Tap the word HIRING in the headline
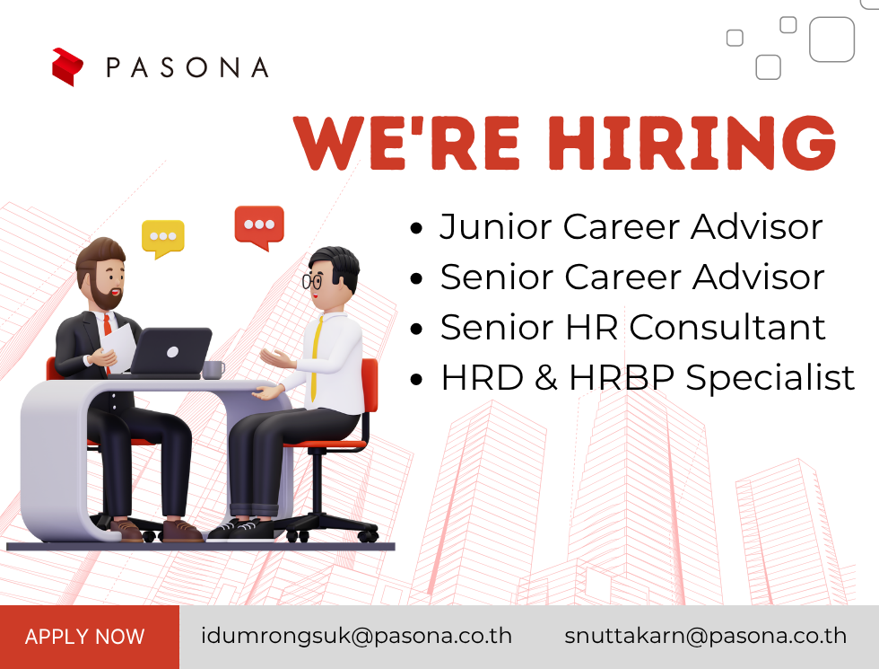click(x=692, y=143)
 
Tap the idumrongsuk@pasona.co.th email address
click(x=357, y=636)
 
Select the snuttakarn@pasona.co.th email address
click(x=705, y=636)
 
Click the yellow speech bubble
click(x=163, y=238)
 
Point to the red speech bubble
click(x=259, y=226)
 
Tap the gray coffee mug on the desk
click(x=213, y=370)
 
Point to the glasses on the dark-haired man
click(x=312, y=280)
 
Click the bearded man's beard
click(x=105, y=295)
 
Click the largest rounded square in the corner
click(x=832, y=40)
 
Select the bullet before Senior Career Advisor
click(x=416, y=278)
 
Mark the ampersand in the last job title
click(x=546, y=377)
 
